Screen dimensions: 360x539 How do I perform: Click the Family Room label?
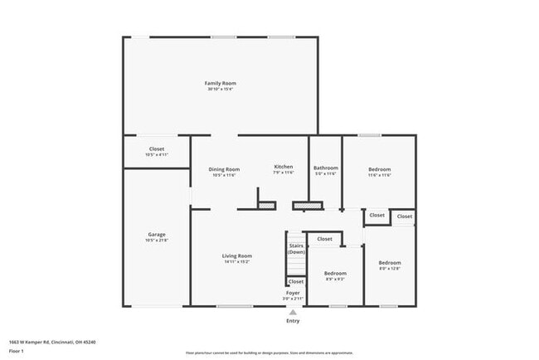tap(221, 83)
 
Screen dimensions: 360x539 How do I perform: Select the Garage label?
tap(157, 235)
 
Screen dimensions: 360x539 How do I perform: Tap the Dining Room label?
tap(224, 169)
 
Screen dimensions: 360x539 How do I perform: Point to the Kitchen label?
tap(284, 167)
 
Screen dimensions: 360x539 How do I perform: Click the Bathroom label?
tap(325, 168)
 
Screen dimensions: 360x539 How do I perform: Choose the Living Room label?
tap(237, 256)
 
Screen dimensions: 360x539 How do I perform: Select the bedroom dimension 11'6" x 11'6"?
tap(380, 175)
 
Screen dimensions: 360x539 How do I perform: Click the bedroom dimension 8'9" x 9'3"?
tap(335, 280)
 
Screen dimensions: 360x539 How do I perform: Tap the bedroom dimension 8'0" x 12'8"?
tap(390, 269)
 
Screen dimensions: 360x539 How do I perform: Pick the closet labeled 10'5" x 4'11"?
tap(157, 155)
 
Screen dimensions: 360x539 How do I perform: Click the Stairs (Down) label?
tap(296, 249)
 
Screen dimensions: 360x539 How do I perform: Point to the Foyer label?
tap(293, 293)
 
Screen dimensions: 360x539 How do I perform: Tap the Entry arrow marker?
tap(293, 312)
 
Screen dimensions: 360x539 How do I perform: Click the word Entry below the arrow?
tap(293, 321)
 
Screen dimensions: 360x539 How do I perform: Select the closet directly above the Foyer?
tap(296, 282)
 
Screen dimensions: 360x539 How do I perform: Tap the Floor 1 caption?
tap(17, 352)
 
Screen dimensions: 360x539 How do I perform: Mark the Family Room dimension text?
tap(221, 90)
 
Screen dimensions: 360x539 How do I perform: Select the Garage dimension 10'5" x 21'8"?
tap(157, 241)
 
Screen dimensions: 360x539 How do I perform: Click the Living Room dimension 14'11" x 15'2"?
tap(237, 262)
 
